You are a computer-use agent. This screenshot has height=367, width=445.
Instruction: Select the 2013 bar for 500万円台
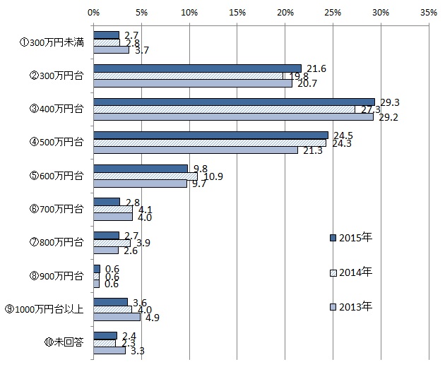195,150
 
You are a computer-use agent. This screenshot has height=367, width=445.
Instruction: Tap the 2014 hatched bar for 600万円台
145,176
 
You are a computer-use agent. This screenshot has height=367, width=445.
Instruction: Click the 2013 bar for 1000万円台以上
117,316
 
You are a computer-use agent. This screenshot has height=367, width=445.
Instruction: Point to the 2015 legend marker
333,238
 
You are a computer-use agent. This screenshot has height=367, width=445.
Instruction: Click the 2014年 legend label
356,272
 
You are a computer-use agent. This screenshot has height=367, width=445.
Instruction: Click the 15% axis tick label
237,12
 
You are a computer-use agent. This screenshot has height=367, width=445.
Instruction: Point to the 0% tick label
93,12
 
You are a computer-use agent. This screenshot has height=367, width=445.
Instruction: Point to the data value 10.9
213,176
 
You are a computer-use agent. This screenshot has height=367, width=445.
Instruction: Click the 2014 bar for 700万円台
112,209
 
